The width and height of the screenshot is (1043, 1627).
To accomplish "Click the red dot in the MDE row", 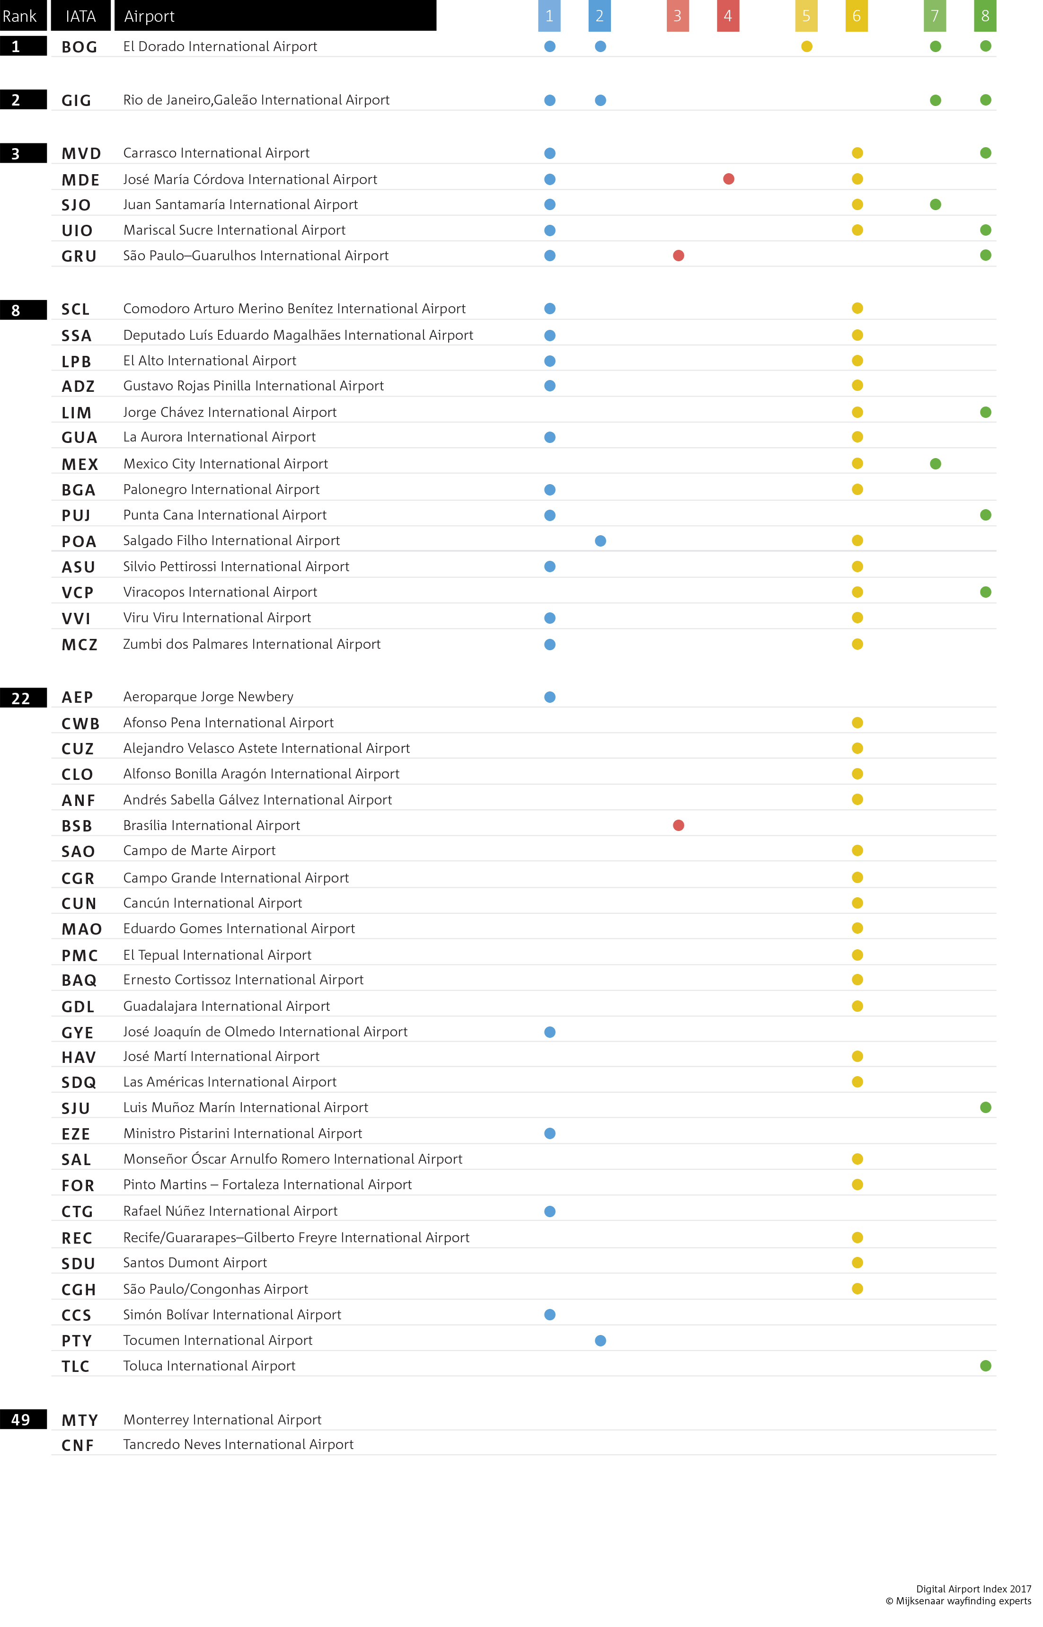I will (x=728, y=179).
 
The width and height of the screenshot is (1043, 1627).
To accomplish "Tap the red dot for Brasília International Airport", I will (x=678, y=825).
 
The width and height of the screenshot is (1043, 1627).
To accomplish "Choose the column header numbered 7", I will (x=935, y=16).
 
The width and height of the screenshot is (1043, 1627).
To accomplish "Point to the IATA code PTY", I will (x=77, y=1341).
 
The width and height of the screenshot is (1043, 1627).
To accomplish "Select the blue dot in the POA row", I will (x=600, y=540).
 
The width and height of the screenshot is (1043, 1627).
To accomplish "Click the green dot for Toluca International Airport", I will (x=985, y=1366).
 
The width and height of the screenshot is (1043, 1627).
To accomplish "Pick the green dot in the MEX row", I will (x=935, y=464).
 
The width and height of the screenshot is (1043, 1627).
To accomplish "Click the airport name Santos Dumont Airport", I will (x=195, y=1263).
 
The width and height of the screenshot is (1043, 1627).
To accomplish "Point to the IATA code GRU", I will (x=79, y=256).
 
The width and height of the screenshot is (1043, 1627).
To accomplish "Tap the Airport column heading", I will (x=149, y=16).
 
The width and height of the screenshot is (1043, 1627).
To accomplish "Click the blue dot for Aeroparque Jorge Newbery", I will (x=550, y=697).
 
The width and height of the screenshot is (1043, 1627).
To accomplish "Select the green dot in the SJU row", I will (x=985, y=1107).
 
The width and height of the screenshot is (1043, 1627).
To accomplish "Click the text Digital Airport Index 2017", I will (x=973, y=1588).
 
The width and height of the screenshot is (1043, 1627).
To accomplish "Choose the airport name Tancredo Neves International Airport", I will (x=239, y=1444).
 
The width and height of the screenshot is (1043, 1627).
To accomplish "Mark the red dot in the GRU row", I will (x=678, y=255).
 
